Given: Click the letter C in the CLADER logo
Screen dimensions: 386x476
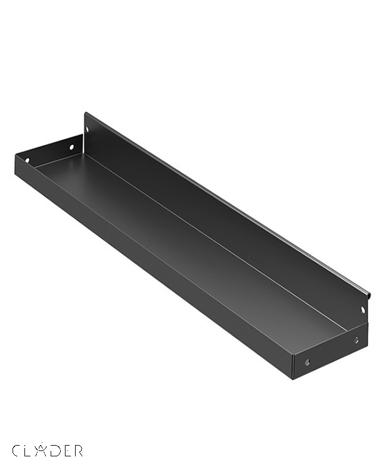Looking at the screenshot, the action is point(17,450).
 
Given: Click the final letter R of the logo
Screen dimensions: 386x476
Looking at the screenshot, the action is point(77,450).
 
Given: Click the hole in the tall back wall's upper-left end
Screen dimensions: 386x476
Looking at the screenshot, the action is point(88,129).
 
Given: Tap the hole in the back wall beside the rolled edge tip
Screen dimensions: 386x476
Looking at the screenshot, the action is point(363,310).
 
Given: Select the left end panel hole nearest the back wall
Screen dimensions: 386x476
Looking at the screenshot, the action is point(71,148).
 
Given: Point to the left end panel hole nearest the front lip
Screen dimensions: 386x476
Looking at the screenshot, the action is point(27,160).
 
